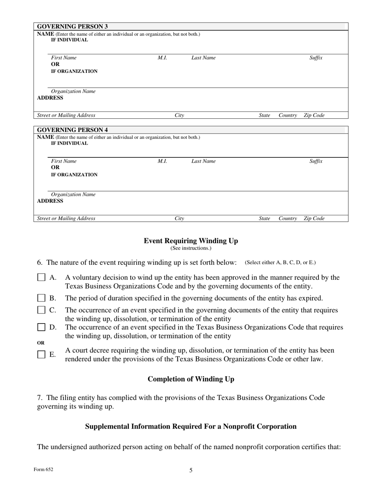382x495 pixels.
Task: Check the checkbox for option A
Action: (x=41, y=278)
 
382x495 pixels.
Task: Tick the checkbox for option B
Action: (x=41, y=298)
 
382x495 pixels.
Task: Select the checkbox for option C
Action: (x=41, y=310)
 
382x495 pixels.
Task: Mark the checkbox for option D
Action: (x=41, y=327)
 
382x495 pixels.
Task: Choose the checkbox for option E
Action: (x=41, y=355)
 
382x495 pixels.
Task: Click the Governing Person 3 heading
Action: (x=72, y=27)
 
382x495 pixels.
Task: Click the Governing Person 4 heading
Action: (x=72, y=130)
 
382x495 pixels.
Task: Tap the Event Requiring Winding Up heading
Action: (x=191, y=241)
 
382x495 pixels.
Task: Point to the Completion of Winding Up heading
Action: (x=191, y=379)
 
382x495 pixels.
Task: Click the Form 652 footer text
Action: (x=43, y=469)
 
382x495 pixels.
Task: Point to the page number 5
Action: (x=191, y=470)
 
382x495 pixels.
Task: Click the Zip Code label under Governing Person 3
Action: (x=314, y=115)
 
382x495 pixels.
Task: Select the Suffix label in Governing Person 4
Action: (x=316, y=161)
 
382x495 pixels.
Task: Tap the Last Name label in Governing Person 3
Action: (x=203, y=58)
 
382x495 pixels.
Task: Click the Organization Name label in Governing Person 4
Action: (x=73, y=195)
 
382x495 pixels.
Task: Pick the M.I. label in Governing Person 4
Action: (x=162, y=161)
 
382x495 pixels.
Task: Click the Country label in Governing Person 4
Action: (x=288, y=219)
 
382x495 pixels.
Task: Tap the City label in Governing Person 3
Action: (x=179, y=115)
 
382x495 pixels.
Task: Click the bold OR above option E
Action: (x=41, y=343)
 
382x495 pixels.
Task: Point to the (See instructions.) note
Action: (x=191, y=248)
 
